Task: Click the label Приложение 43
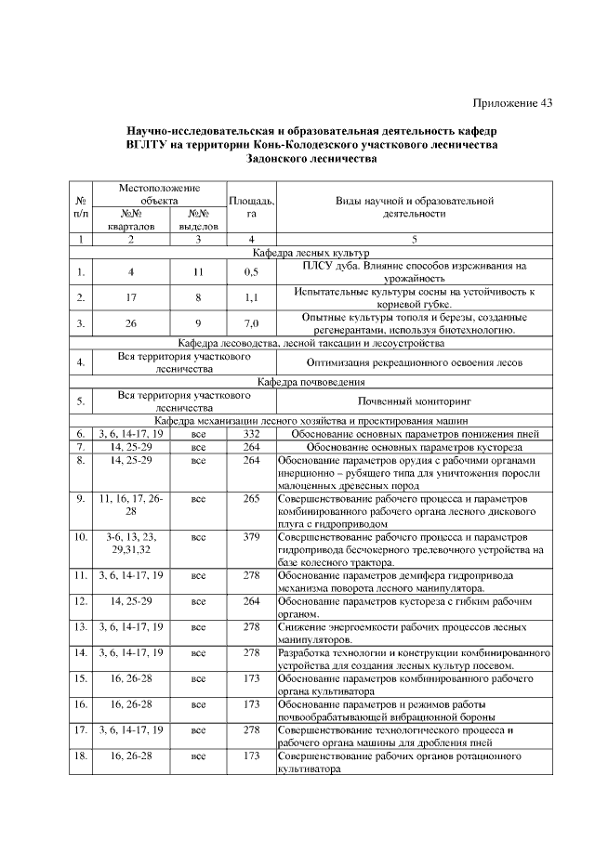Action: point(512,103)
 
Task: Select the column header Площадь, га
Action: point(251,206)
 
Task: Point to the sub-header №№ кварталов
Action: point(131,218)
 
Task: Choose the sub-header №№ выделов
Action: point(197,218)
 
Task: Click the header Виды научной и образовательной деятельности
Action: point(415,206)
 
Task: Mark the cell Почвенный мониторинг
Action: point(415,401)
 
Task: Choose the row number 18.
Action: point(81,756)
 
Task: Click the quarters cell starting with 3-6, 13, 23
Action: point(131,544)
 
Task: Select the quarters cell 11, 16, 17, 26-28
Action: point(131,506)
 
